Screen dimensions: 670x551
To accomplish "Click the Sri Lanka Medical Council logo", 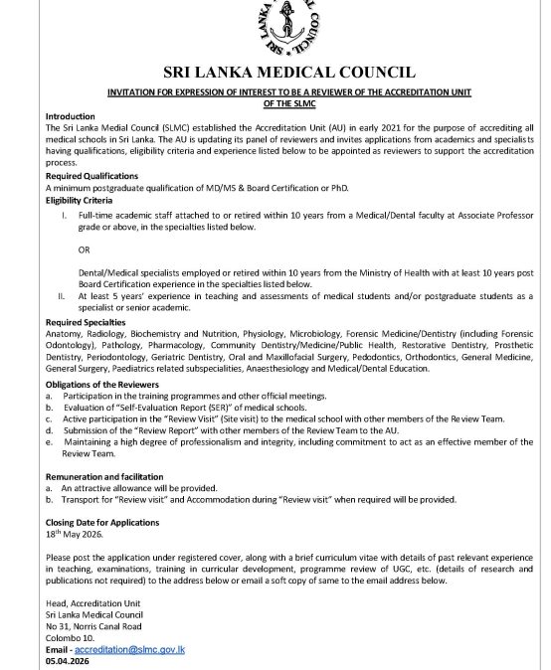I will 288,28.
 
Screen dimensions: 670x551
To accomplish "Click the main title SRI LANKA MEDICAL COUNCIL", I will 288,72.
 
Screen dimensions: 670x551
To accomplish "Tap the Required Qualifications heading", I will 92,175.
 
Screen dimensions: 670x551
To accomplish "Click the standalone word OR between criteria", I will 84,249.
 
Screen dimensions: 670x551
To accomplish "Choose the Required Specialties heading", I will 86,322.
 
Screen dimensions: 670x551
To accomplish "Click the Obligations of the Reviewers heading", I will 101,384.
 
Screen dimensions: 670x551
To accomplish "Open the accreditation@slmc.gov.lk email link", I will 129,648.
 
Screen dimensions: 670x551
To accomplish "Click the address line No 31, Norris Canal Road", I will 93,626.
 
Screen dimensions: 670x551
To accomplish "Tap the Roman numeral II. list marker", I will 62,295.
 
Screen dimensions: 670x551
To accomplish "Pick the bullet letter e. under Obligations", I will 50,441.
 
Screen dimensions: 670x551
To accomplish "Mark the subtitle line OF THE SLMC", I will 289,102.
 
